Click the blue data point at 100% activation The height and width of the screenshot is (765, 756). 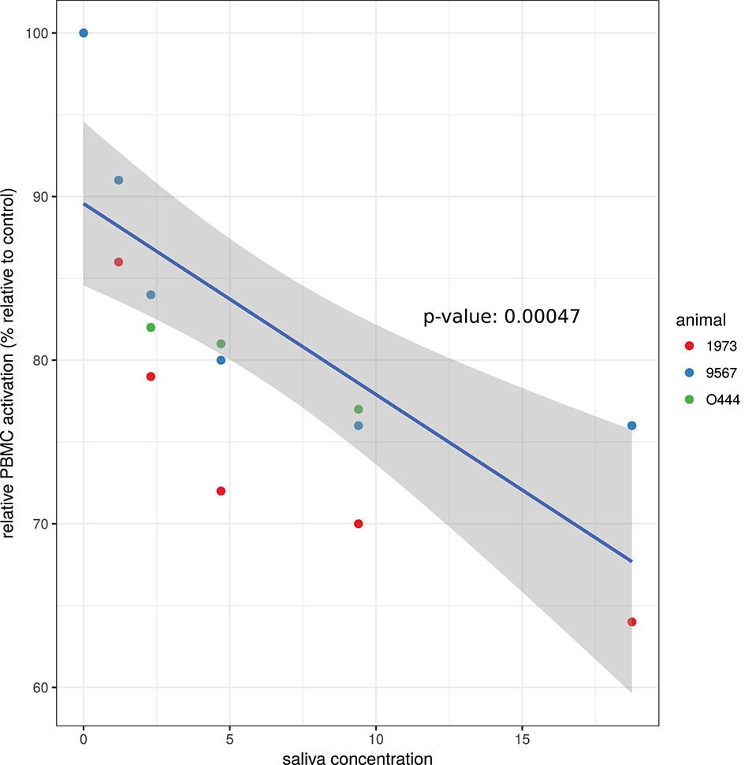tap(84, 33)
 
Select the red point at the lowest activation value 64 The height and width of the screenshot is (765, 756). tap(631, 622)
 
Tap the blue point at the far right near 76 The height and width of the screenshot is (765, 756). tap(631, 425)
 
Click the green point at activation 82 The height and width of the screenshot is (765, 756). tap(151, 327)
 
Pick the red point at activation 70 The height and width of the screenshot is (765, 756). tap(359, 524)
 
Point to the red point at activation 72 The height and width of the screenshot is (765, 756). tap(221, 491)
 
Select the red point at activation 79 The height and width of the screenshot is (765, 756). tap(151, 377)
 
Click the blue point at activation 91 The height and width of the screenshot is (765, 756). tap(118, 180)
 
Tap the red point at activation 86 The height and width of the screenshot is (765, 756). tap(118, 262)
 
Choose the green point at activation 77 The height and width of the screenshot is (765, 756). tap(359, 409)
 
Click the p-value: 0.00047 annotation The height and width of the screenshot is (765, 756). tap(502, 317)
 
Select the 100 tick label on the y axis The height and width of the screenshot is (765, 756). tap(37, 33)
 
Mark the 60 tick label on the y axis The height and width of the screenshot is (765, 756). tap(40, 688)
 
